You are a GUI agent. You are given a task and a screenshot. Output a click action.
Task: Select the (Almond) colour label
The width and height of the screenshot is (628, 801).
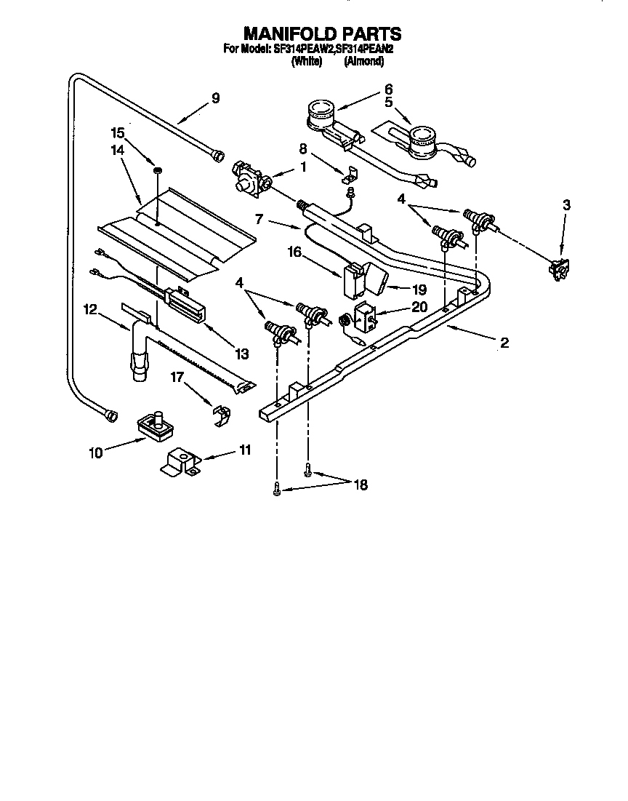(x=363, y=62)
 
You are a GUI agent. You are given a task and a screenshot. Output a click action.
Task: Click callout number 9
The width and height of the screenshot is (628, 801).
(x=215, y=98)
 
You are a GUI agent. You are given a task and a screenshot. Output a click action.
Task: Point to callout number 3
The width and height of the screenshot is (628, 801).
(x=565, y=206)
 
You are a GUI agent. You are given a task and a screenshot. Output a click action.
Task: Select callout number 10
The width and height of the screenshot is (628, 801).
(x=95, y=453)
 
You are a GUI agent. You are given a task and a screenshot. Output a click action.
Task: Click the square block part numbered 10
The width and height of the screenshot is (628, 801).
(x=153, y=424)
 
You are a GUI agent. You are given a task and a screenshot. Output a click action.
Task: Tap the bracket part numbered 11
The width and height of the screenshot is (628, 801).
(x=179, y=463)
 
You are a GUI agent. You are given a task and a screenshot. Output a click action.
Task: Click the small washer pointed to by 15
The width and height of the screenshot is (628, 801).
(x=156, y=170)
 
